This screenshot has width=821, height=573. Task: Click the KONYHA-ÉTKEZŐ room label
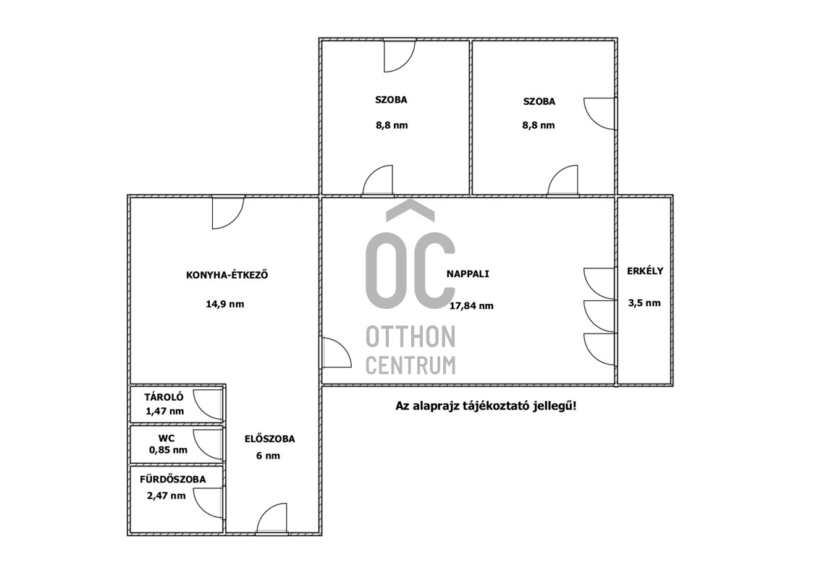[227, 274]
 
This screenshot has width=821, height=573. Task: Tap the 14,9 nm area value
[225, 304]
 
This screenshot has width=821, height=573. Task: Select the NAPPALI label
[468, 273]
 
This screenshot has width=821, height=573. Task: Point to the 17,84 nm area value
[471, 306]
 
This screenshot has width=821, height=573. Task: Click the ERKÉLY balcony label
[645, 271]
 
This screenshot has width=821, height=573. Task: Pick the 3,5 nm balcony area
[644, 303]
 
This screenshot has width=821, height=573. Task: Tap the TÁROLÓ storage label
[164, 397]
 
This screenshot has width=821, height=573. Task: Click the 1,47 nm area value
[165, 412]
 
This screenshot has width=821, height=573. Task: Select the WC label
[167, 438]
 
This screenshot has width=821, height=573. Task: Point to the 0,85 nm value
[168, 450]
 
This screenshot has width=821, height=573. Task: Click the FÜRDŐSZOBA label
[173, 480]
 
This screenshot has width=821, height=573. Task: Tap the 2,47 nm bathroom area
[167, 496]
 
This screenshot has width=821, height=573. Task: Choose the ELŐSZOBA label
[269, 439]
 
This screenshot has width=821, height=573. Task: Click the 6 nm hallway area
[268, 456]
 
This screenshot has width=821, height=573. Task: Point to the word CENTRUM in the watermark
[410, 365]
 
